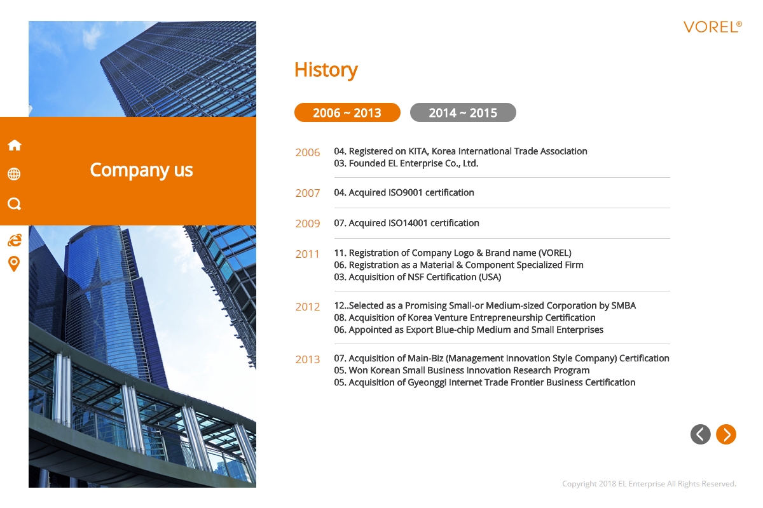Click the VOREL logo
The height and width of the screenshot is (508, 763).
click(712, 27)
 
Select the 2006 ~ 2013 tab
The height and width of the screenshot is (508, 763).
click(347, 112)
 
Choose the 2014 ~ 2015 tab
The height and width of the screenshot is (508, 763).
click(463, 112)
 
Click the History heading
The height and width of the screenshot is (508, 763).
click(326, 70)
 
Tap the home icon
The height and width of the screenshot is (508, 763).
click(14, 145)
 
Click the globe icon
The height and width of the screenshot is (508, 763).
click(14, 174)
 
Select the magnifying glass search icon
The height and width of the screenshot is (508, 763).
click(14, 204)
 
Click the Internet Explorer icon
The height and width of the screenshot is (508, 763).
click(15, 240)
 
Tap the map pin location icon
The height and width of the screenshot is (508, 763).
click(14, 264)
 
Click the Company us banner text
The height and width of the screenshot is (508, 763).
click(141, 170)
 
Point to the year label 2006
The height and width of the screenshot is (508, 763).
click(308, 152)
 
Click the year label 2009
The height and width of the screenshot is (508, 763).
click(308, 224)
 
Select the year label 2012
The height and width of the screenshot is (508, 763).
click(308, 307)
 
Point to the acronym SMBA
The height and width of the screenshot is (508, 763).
click(623, 305)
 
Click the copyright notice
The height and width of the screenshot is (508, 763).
click(649, 483)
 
